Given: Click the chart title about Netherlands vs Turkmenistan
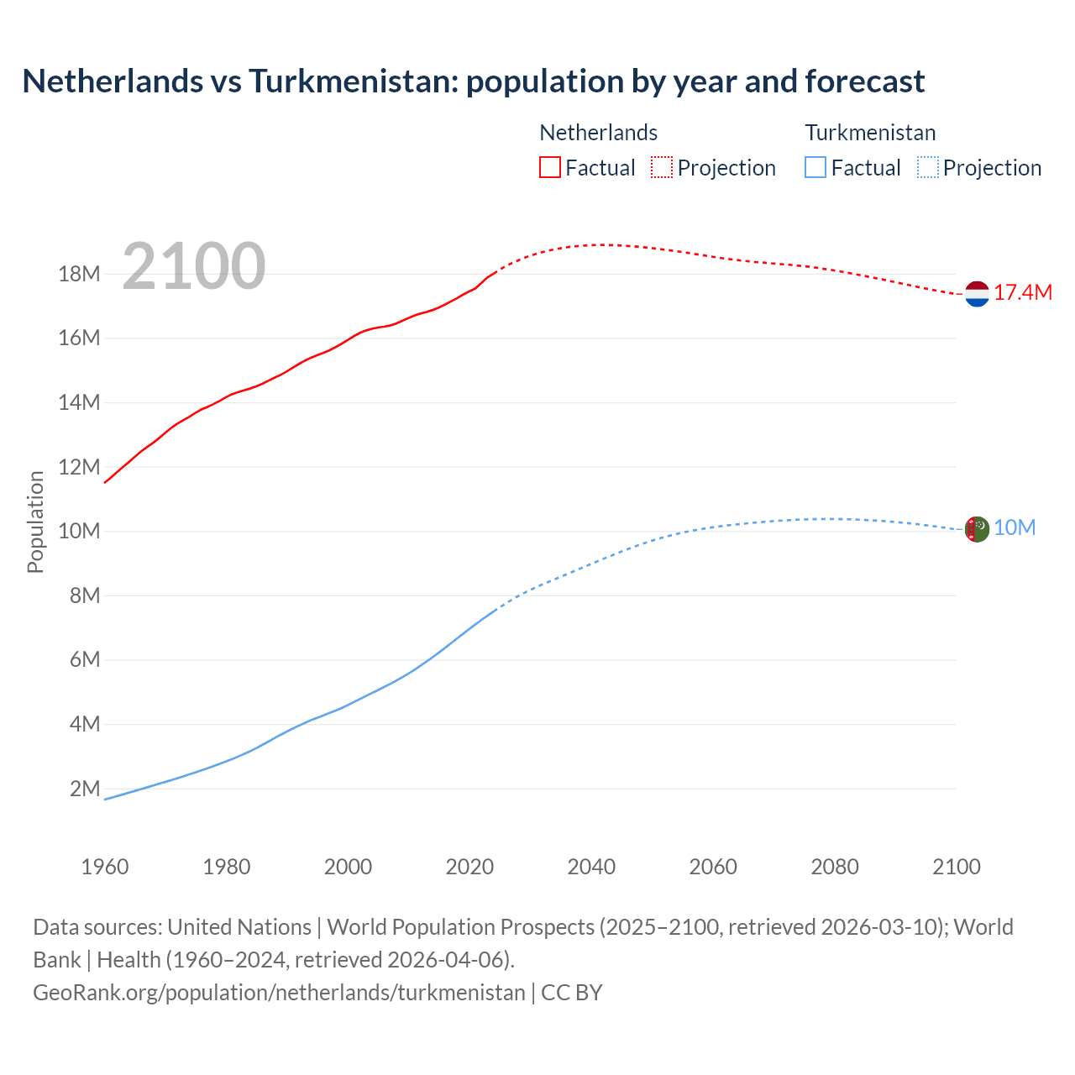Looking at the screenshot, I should pyautogui.click(x=473, y=81).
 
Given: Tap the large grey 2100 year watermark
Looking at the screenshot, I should pyautogui.click(x=194, y=266).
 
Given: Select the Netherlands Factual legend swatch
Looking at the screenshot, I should pyautogui.click(x=549, y=167).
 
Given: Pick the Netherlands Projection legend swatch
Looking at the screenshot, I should pyautogui.click(x=662, y=167).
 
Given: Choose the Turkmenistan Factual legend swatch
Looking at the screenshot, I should pyautogui.click(x=815, y=167).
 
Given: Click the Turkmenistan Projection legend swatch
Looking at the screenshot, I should pyautogui.click(x=927, y=167).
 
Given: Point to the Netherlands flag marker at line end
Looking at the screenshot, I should pyautogui.click(x=977, y=294).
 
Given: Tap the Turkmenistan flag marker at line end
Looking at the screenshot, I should pyautogui.click(x=977, y=529).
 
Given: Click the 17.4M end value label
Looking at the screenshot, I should pyautogui.click(x=1022, y=292).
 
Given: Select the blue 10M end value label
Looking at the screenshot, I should pyautogui.click(x=1015, y=527).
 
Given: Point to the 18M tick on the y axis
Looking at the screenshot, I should pyautogui.click(x=79, y=274).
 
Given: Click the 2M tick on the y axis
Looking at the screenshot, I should pyautogui.click(x=85, y=789).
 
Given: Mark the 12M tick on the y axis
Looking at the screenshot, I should pyautogui.click(x=79, y=467).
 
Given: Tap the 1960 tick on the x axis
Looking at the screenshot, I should pyautogui.click(x=105, y=867).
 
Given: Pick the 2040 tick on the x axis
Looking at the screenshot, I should pyautogui.click(x=591, y=867).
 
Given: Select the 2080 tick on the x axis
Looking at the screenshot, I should pyautogui.click(x=835, y=867).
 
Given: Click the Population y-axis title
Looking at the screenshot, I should pyautogui.click(x=35, y=522).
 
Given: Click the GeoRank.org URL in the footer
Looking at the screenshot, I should pyautogui.click(x=279, y=993).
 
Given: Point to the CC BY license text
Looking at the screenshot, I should pyautogui.click(x=572, y=993).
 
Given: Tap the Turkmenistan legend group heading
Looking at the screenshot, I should pyautogui.click(x=870, y=133).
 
